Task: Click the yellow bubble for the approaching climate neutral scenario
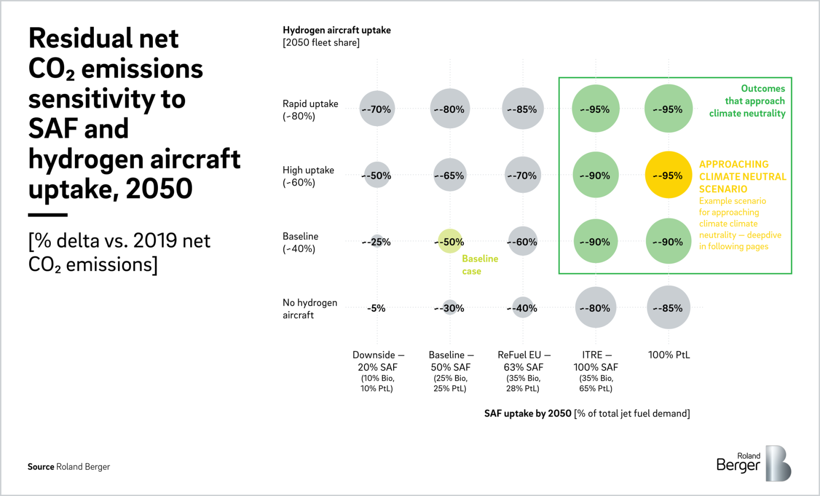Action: [668, 175]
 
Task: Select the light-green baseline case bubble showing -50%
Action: [450, 242]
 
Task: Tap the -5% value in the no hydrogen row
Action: [376, 308]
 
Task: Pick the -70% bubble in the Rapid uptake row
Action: [377, 109]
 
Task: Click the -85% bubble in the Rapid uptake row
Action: [522, 109]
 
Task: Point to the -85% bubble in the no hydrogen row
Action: [668, 308]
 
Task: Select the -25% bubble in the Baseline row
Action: [377, 241]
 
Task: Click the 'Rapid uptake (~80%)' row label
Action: [310, 110]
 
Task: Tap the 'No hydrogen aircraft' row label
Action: [310, 309]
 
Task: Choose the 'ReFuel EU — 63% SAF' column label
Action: [523, 361]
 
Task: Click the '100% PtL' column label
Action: [669, 355]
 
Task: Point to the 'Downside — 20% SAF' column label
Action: [378, 361]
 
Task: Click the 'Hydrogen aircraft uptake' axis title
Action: [336, 30]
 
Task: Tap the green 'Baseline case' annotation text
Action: [479, 265]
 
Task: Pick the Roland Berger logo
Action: [753, 463]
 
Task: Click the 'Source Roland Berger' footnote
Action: [69, 467]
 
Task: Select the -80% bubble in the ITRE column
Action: [596, 308]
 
